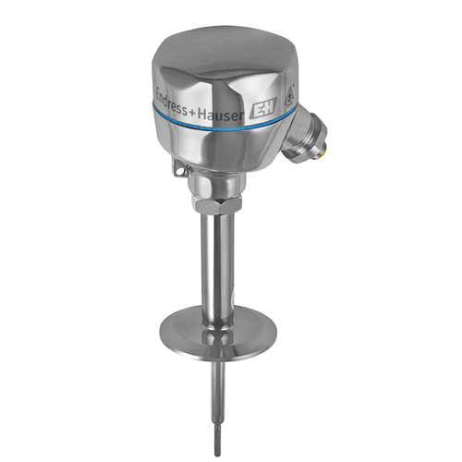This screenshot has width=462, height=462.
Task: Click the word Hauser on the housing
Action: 220,115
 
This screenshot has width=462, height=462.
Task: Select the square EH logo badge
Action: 264,108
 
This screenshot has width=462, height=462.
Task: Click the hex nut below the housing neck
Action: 217,206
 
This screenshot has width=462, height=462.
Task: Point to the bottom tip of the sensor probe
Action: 218,456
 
